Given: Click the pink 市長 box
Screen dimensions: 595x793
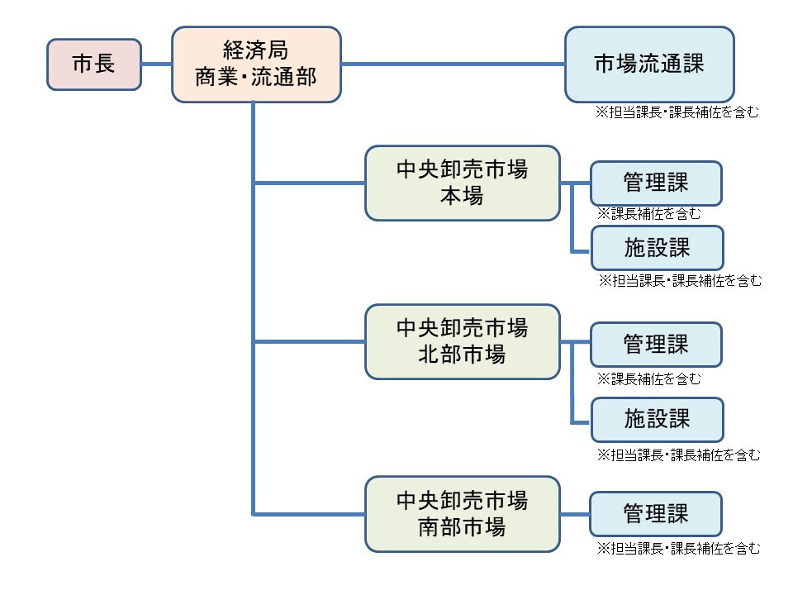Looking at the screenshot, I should pyautogui.click(x=93, y=64).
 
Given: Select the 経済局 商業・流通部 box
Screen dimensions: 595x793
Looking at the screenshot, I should pyautogui.click(x=256, y=64).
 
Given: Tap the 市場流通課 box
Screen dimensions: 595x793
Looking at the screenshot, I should pyautogui.click(x=649, y=64).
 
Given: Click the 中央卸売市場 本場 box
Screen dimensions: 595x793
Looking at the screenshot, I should pyautogui.click(x=462, y=183).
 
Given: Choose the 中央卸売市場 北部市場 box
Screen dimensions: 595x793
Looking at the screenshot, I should pyautogui.click(x=462, y=341).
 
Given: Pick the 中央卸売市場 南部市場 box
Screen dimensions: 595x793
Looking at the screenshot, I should pyautogui.click(x=462, y=513).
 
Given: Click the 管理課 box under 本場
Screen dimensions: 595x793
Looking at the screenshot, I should pyautogui.click(x=656, y=183).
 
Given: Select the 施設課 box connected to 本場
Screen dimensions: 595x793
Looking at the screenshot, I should pyautogui.click(x=657, y=247).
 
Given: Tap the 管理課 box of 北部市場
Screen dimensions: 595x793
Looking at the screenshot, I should pyautogui.click(x=656, y=344).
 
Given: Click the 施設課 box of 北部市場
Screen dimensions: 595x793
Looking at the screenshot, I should pyautogui.click(x=657, y=419).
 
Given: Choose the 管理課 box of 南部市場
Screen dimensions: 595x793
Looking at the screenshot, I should pyautogui.click(x=656, y=513).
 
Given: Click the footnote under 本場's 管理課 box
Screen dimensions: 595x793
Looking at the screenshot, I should pyautogui.click(x=649, y=213).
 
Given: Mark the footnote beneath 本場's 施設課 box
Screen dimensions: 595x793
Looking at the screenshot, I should pyautogui.click(x=680, y=281).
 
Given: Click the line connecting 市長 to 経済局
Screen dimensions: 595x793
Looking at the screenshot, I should pyautogui.click(x=156, y=64).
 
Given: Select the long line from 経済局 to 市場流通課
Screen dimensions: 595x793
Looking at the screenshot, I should pyautogui.click(x=453, y=64).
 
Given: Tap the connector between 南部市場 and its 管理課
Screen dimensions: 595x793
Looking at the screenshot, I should pyautogui.click(x=575, y=513).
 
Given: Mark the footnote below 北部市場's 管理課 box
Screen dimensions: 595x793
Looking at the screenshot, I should pyautogui.click(x=649, y=379).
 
